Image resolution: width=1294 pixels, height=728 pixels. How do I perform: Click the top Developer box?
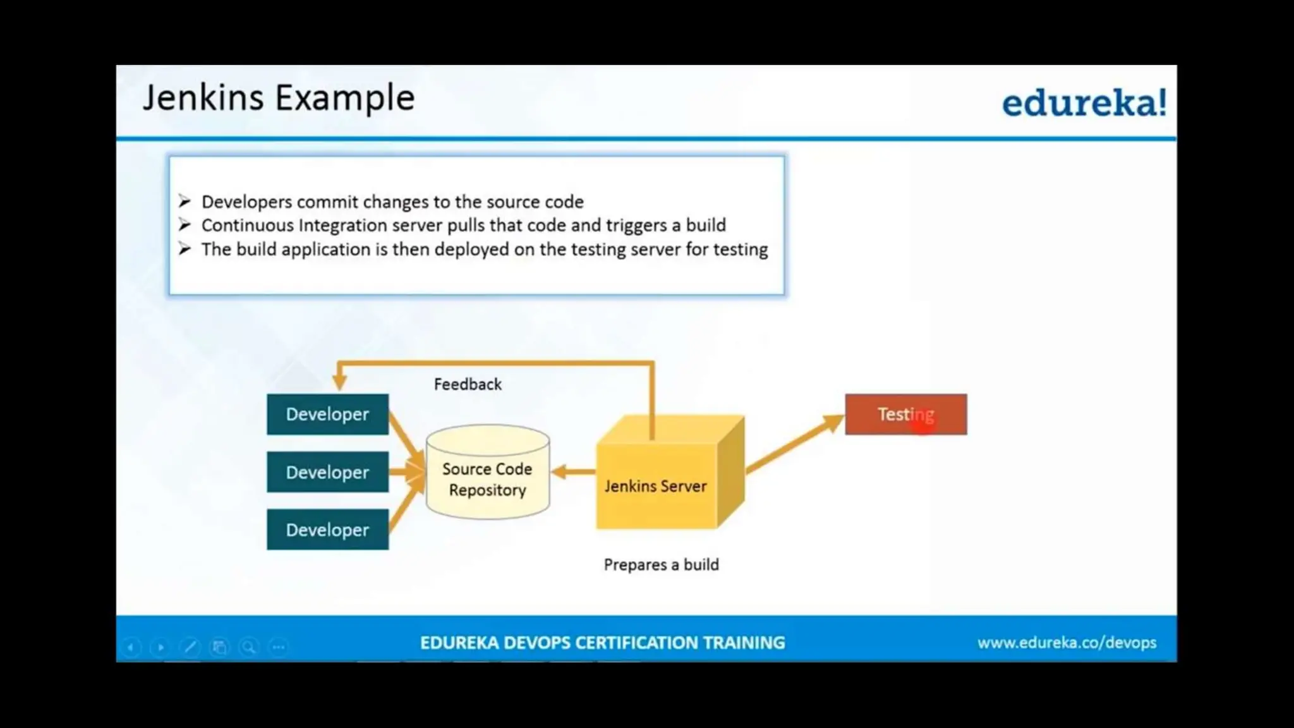pos(327,415)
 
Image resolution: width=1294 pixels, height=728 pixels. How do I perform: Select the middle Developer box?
pos(327,472)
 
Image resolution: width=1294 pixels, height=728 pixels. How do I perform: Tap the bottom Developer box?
pos(327,530)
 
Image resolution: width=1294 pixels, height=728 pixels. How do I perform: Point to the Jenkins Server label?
pos(655,486)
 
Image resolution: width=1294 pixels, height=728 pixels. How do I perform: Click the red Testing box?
pos(905,415)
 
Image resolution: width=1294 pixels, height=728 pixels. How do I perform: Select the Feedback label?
pos(468,384)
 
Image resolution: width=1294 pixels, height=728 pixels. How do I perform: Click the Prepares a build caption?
pos(661,564)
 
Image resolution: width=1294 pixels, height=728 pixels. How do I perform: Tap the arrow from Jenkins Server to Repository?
pos(572,471)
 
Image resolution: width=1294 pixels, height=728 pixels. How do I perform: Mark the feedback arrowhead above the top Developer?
pos(339,380)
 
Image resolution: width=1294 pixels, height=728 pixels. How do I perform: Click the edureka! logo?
pos(1084,103)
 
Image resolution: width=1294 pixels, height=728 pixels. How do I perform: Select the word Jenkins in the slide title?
pos(203,98)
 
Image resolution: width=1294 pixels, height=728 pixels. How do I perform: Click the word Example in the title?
pos(345,98)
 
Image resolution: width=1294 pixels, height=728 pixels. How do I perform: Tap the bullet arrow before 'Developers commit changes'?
pos(184,202)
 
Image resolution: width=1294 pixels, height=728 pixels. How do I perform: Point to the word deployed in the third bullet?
pos(471,250)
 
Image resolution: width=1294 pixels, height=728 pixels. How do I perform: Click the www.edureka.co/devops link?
pos(1067,643)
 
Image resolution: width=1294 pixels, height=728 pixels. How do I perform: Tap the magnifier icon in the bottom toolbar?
pos(249,647)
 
